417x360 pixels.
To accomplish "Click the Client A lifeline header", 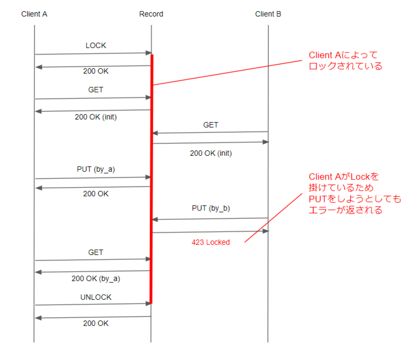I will point(34,14).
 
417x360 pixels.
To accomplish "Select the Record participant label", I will point(151,14).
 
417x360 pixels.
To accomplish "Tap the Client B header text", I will point(268,14).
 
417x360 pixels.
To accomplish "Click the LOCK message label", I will point(96,46).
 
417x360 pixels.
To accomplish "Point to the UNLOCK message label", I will point(96,297).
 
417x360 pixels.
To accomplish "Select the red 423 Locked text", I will point(210,242).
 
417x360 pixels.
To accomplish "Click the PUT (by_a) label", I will point(96,169).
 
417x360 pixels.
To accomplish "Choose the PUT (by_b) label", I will point(210,208).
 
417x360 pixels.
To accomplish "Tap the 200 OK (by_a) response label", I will point(96,279).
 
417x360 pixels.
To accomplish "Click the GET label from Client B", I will point(210,125).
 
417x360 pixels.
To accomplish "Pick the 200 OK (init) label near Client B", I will point(210,153).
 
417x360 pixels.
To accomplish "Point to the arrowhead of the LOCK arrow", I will point(149,53).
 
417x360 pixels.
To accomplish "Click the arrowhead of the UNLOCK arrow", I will point(149,304).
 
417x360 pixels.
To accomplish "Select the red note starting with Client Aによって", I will point(343,55).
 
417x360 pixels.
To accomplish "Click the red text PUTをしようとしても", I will point(355,199).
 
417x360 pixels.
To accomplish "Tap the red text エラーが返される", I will point(345,210).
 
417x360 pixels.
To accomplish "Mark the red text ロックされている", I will point(345,66).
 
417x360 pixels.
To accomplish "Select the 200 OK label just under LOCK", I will point(96,71).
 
